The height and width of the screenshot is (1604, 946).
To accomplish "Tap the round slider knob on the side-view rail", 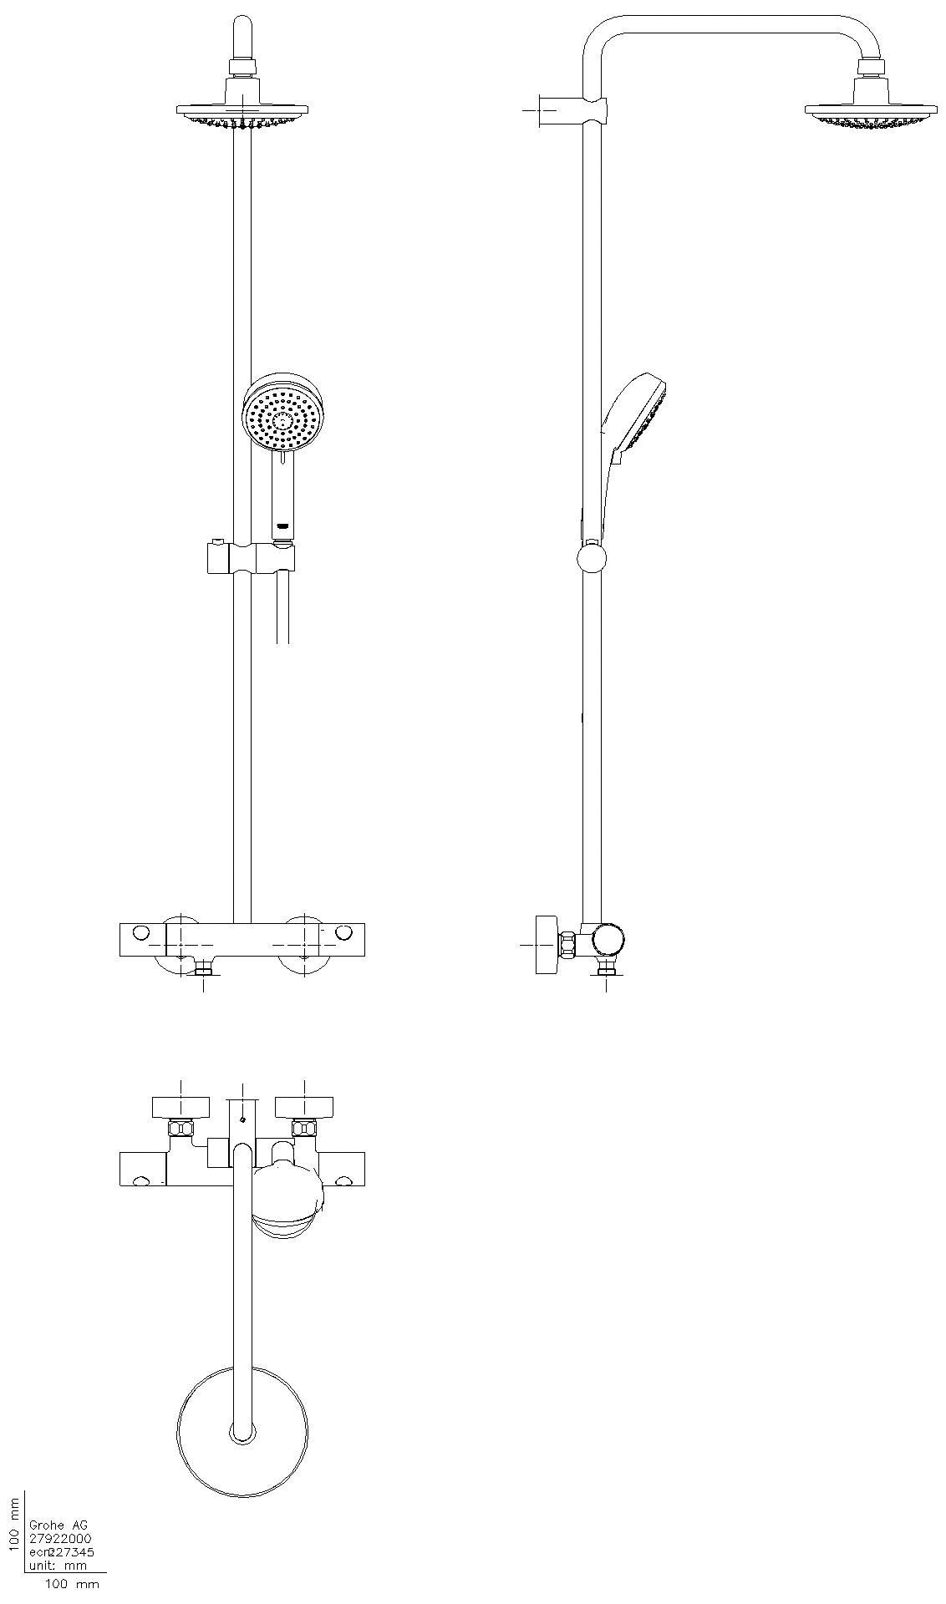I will [592, 558].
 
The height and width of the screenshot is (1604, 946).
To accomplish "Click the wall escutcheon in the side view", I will [547, 944].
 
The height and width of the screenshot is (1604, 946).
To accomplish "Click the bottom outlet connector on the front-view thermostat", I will [205, 969].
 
